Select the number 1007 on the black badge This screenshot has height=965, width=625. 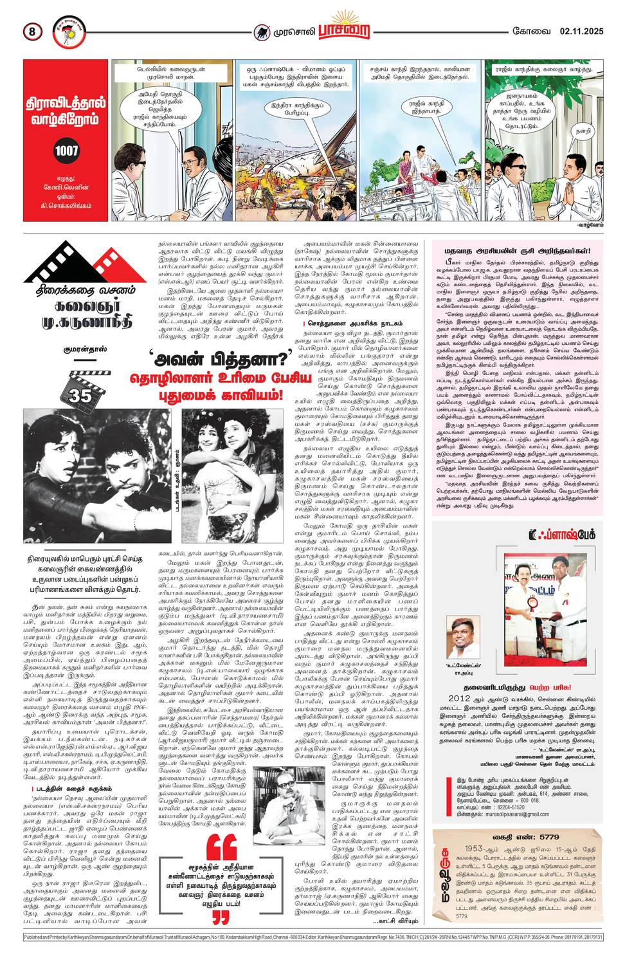tap(66, 151)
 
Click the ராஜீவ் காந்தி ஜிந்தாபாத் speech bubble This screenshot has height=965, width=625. tap(426, 106)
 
